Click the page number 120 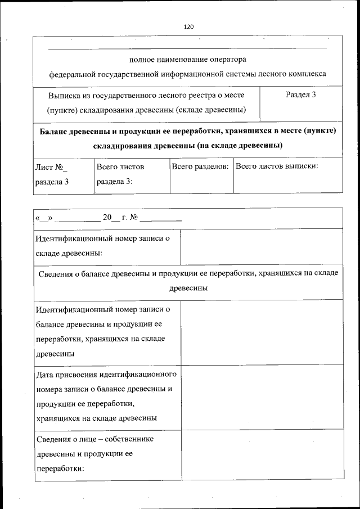[188, 26]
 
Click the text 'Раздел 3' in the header [300, 94]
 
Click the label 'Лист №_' [51, 167]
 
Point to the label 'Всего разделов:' [200, 166]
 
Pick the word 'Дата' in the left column [45, 374]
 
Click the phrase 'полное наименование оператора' [187, 59]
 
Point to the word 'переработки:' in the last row [60, 468]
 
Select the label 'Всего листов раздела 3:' [120, 174]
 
